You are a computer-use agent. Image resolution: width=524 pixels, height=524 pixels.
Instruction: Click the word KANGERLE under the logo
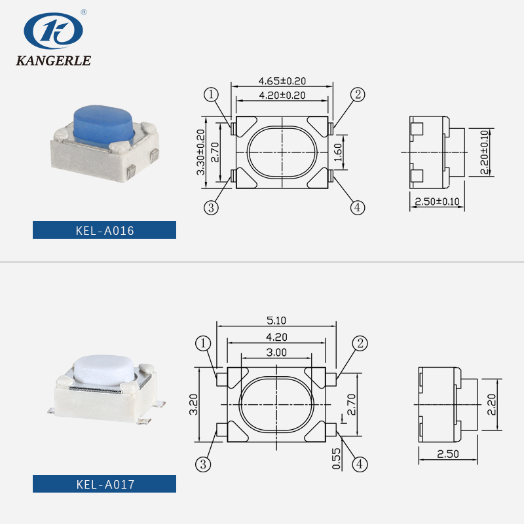point(53,61)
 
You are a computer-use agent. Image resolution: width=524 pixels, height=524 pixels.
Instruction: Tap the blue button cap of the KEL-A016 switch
point(103,123)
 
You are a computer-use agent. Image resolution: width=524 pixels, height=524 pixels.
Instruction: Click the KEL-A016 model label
point(105,230)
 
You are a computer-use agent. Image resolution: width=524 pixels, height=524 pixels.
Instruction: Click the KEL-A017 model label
point(105,485)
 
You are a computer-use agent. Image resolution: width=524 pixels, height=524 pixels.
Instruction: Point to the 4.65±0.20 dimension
point(282,82)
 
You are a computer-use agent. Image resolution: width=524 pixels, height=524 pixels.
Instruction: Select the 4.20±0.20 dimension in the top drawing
point(282,96)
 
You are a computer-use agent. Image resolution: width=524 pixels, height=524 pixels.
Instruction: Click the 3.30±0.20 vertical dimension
point(201,151)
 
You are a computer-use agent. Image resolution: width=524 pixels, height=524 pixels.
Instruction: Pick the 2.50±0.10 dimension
point(438,201)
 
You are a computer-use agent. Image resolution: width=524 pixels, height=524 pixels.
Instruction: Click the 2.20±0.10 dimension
point(485,152)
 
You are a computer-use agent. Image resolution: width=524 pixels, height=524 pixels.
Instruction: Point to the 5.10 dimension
point(275,321)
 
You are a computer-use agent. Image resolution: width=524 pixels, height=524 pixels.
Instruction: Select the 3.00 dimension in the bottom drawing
point(276,352)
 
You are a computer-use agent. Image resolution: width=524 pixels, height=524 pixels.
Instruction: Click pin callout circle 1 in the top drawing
point(211,95)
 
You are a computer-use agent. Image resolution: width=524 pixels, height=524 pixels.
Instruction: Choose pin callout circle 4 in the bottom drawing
point(360,464)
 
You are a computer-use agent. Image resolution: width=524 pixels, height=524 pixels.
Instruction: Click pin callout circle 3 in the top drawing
point(211,207)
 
